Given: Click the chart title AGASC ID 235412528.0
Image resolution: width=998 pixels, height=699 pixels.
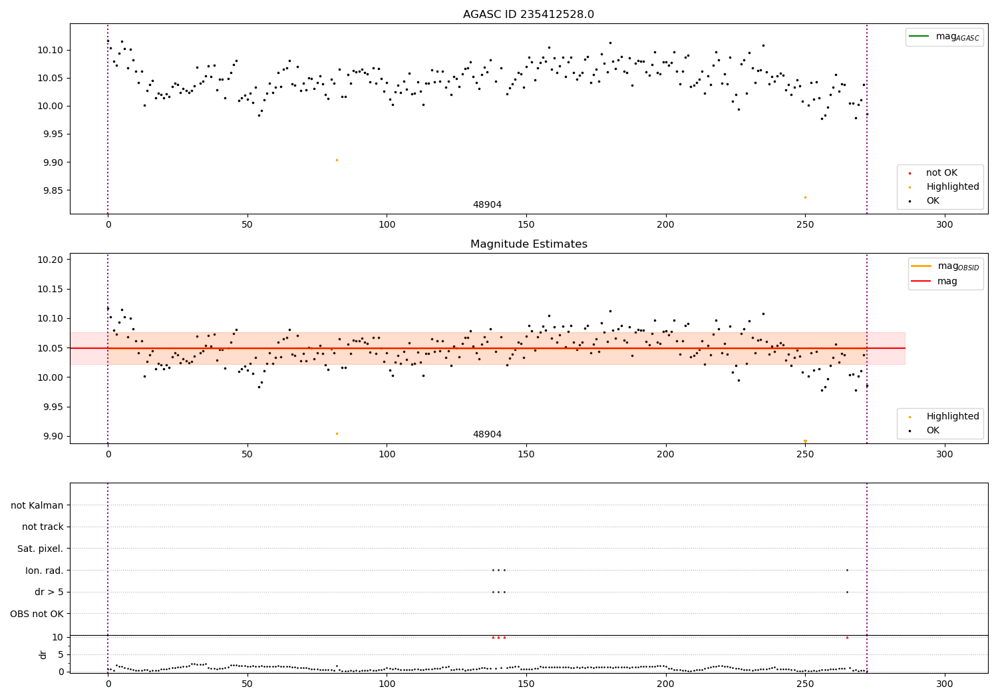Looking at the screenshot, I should pyautogui.click(x=528, y=15).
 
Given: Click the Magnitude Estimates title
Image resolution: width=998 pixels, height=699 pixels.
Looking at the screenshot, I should pyautogui.click(x=528, y=244).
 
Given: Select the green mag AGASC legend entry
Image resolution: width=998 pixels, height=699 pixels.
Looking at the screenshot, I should pyautogui.click(x=945, y=37).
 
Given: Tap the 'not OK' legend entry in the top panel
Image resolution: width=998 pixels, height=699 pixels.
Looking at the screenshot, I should pyautogui.click(x=941, y=173).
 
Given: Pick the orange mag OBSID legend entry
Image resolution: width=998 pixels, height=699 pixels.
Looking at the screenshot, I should pyautogui.click(x=945, y=266).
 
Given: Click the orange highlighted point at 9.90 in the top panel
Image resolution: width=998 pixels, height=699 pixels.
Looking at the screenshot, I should pyautogui.click(x=337, y=160).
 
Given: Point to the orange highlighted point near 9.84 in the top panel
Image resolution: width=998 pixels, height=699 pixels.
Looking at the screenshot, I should pyautogui.click(x=805, y=197).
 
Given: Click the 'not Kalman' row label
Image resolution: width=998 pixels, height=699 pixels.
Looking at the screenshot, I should pyautogui.click(x=37, y=505).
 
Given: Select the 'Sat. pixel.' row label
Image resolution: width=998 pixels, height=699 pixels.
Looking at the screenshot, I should pyautogui.click(x=40, y=549).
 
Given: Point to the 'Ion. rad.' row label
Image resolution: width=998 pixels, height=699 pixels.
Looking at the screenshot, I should pyautogui.click(x=44, y=571).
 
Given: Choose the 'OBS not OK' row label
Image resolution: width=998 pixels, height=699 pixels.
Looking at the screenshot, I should pyautogui.click(x=37, y=614).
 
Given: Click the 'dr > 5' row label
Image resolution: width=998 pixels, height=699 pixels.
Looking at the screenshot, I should pyautogui.click(x=49, y=592).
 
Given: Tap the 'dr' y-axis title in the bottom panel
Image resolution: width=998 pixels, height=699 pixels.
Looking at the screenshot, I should pyautogui.click(x=43, y=654).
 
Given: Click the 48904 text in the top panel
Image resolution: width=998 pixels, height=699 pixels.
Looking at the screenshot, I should pyautogui.click(x=487, y=205).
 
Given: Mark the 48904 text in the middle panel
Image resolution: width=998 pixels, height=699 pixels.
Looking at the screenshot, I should pyautogui.click(x=487, y=435).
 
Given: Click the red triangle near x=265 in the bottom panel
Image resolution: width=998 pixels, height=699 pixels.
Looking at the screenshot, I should pyautogui.click(x=847, y=637).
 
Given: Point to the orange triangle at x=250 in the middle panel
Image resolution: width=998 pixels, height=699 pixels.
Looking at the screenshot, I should pyautogui.click(x=805, y=441).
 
